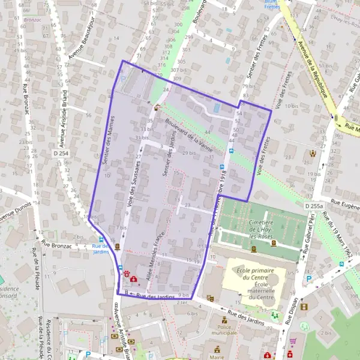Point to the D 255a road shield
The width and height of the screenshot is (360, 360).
click(314, 206)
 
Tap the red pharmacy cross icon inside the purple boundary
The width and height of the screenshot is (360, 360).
click(133, 279)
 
